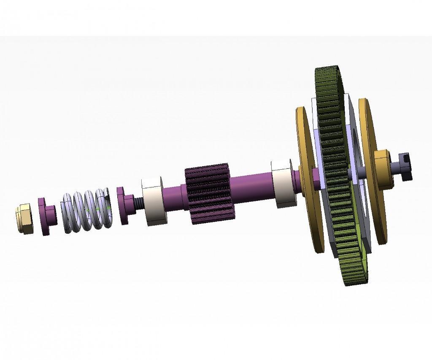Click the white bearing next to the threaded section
point(154,201)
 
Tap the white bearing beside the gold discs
point(282,183)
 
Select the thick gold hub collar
point(383,169)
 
